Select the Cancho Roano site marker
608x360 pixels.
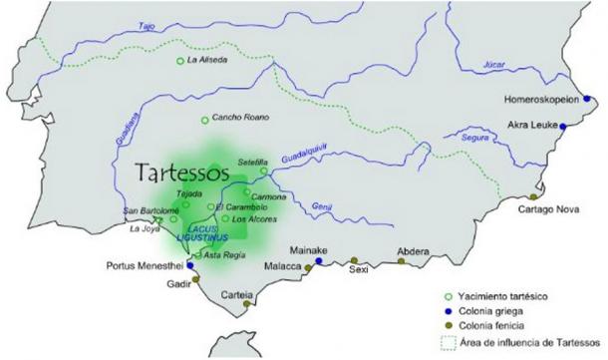point(205,121)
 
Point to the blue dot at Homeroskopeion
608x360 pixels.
point(588,98)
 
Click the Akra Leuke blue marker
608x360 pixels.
point(564,126)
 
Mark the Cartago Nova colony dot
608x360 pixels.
point(534,197)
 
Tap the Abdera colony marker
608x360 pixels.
point(402,261)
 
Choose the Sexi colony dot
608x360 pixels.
point(354,260)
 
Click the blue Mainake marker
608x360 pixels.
point(319,261)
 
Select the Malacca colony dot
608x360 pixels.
point(308,269)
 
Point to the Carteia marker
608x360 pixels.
point(247,304)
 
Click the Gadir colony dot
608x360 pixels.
point(196,282)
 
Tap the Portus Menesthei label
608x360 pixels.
point(146,266)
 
